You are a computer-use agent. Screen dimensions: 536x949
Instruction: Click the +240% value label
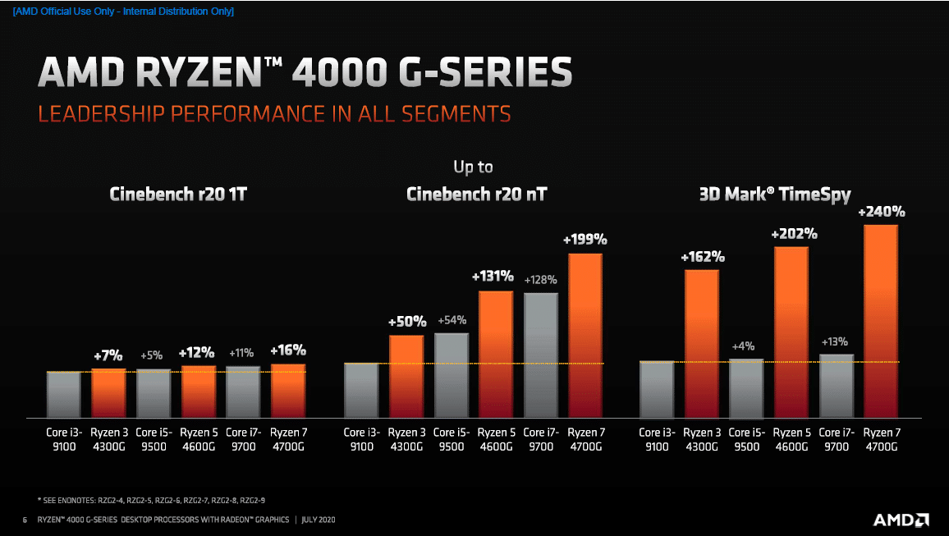coord(882,212)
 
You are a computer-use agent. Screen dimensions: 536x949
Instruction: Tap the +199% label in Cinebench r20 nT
coord(585,240)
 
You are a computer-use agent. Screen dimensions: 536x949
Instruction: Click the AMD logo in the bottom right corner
coord(901,520)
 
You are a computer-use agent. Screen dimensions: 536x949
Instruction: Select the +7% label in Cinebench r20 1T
coord(108,355)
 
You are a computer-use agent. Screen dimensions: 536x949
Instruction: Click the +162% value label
coord(702,257)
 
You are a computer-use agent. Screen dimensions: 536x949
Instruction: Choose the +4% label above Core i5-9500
coord(743,347)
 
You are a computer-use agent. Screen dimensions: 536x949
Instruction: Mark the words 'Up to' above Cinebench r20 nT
coord(474,167)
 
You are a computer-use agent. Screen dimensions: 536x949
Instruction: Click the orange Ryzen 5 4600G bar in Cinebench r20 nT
coord(496,354)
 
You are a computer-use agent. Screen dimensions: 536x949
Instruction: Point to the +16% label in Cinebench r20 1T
coord(287,351)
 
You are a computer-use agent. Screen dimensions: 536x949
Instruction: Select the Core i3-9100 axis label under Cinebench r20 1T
coord(63,439)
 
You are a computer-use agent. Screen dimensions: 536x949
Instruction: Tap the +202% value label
coord(794,234)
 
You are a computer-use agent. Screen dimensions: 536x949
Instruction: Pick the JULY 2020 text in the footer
coord(319,520)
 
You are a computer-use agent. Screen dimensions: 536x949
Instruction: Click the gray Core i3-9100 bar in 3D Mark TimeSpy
coord(657,389)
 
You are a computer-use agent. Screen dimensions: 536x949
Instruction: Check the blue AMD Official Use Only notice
coord(123,11)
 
